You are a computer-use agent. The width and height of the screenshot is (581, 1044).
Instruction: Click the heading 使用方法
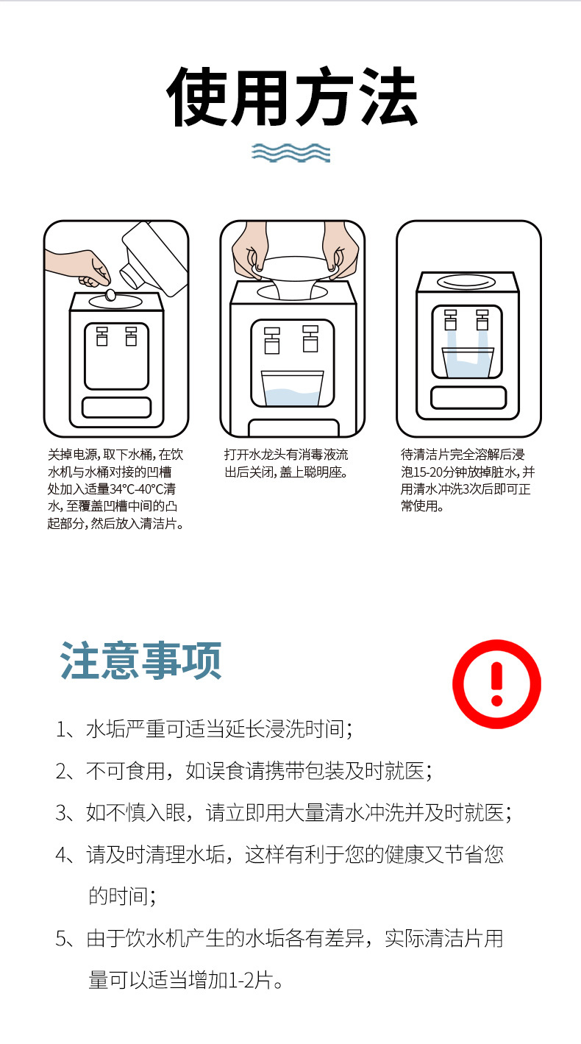click(x=292, y=97)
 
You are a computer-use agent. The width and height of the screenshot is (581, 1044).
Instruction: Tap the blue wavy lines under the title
click(x=290, y=153)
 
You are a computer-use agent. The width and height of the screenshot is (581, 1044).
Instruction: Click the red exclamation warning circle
click(x=496, y=683)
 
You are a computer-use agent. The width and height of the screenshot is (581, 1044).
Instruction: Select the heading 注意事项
click(x=140, y=661)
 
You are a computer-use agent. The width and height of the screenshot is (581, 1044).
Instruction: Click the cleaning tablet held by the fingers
click(x=111, y=295)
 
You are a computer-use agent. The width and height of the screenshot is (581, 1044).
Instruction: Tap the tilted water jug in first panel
click(x=154, y=258)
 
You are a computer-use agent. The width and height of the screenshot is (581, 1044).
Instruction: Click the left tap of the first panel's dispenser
click(x=102, y=336)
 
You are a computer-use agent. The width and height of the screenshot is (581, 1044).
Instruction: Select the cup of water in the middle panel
click(x=292, y=388)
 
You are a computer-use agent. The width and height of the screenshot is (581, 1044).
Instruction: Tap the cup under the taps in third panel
click(x=467, y=362)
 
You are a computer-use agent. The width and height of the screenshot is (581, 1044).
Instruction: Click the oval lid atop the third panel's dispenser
click(x=466, y=283)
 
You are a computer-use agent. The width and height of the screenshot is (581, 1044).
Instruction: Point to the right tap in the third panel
click(x=482, y=320)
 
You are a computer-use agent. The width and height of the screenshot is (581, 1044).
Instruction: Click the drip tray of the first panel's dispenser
click(x=116, y=407)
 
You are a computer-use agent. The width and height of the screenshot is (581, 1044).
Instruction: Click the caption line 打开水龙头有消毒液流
click(x=286, y=455)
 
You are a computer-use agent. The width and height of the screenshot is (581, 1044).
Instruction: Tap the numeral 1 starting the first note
click(x=60, y=729)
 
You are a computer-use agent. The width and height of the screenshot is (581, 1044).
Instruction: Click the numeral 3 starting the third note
click(x=61, y=813)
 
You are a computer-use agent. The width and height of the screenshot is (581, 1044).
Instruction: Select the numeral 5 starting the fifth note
click(x=61, y=939)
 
